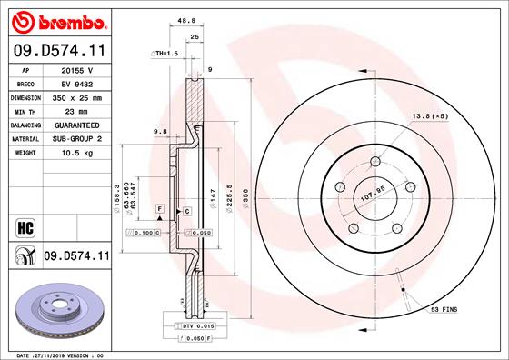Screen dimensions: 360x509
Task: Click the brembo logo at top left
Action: [56, 21]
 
